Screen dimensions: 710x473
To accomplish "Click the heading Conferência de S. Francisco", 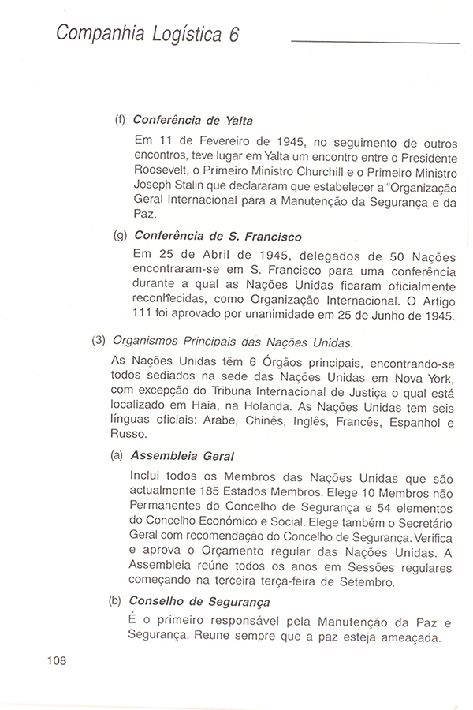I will click(x=219, y=235).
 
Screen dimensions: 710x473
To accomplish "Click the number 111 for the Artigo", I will click(x=147, y=316).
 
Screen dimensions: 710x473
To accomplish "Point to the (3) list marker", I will click(x=98, y=342).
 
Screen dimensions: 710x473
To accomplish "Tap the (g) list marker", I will click(x=120, y=236).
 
